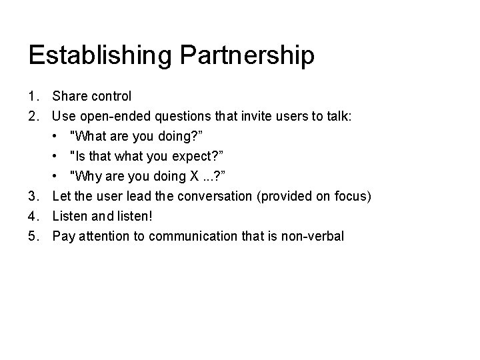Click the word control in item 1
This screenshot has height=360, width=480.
(111, 97)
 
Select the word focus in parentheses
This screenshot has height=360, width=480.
(353, 196)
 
